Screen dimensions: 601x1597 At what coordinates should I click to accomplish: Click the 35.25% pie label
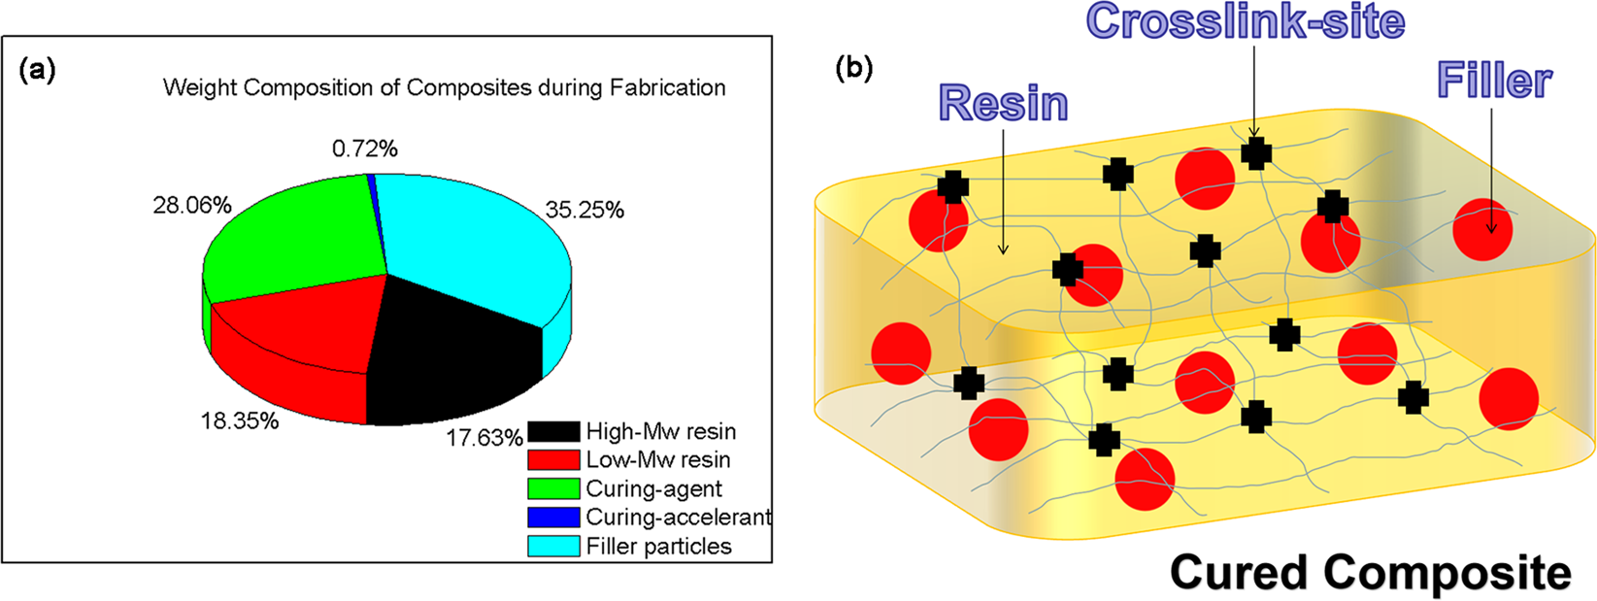coord(584,210)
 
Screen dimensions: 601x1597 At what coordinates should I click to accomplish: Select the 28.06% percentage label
coord(192,205)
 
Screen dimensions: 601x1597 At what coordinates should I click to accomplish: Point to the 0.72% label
coord(365,149)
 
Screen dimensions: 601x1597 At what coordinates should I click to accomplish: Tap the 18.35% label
coord(240,420)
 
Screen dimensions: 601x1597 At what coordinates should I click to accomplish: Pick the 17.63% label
coord(484,438)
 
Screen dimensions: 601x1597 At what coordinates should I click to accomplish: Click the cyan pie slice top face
coord(466,243)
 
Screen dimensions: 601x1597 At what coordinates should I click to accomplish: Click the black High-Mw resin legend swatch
coord(553,431)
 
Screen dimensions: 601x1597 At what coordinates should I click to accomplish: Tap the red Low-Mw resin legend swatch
coord(553,459)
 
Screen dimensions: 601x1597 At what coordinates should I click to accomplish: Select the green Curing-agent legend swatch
coord(553,488)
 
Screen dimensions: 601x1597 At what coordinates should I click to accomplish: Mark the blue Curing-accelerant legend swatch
coord(553,518)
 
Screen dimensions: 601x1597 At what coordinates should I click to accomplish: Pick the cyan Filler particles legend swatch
coord(553,546)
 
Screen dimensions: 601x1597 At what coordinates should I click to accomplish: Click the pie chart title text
coord(445,87)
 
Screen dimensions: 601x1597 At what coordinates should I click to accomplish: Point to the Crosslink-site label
coord(1246,21)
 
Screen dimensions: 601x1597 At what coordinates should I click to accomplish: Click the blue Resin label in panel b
coord(1004,103)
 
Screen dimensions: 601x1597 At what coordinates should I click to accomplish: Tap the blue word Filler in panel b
coord(1494,81)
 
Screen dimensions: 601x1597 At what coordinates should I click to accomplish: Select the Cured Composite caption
coord(1370,572)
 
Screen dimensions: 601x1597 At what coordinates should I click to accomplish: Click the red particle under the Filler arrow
coord(1482,230)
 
